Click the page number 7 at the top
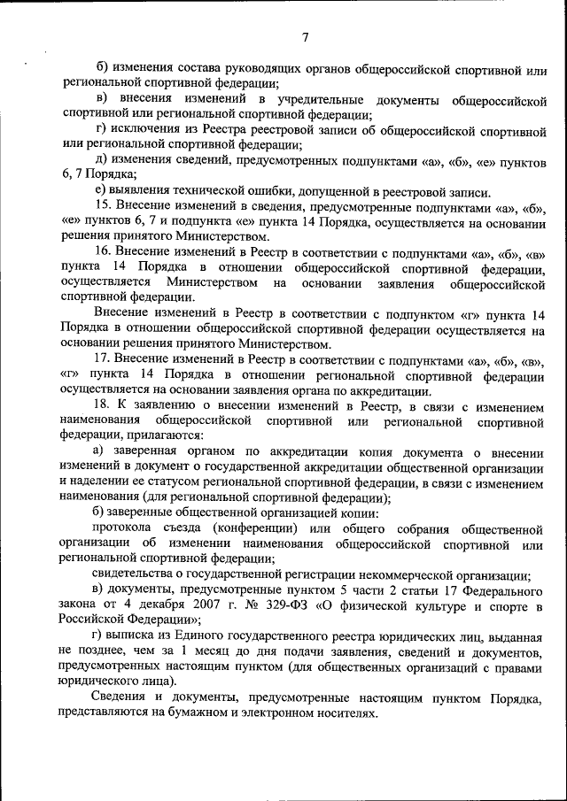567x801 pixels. [x=305, y=37]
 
